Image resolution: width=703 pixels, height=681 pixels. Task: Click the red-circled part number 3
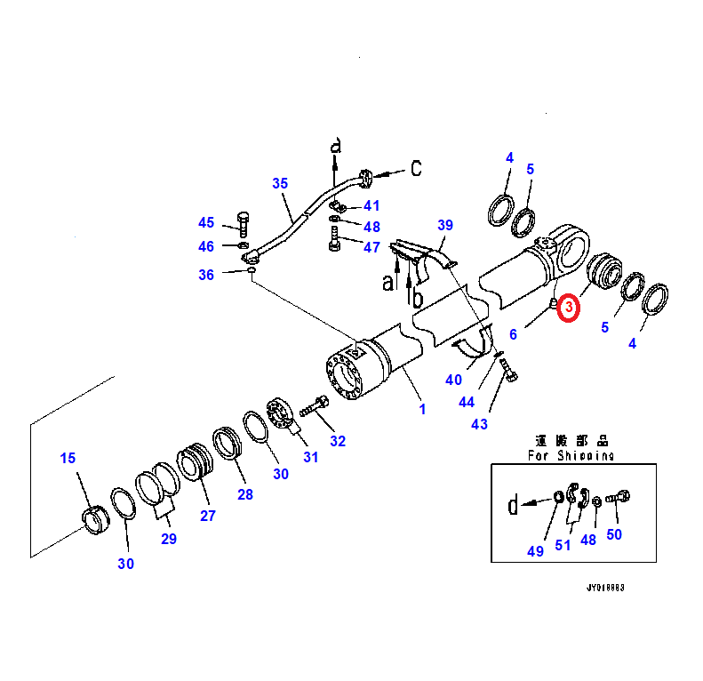click(568, 308)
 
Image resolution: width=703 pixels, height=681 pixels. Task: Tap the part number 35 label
click(280, 184)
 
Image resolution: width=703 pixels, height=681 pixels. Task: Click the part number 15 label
click(68, 459)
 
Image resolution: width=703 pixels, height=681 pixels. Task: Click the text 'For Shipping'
click(570, 455)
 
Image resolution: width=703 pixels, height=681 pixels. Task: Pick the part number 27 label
click(207, 516)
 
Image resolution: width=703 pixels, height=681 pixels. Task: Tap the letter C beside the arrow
click(415, 168)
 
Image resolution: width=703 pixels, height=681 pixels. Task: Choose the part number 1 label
click(422, 410)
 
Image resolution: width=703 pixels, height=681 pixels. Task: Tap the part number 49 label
click(535, 551)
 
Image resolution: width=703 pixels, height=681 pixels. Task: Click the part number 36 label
click(206, 275)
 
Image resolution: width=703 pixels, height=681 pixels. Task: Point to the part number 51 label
click(563, 545)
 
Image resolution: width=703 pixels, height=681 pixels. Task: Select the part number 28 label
click(244, 494)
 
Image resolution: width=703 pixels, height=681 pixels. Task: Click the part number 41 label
click(371, 205)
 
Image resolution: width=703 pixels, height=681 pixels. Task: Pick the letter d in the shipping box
click(513, 506)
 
